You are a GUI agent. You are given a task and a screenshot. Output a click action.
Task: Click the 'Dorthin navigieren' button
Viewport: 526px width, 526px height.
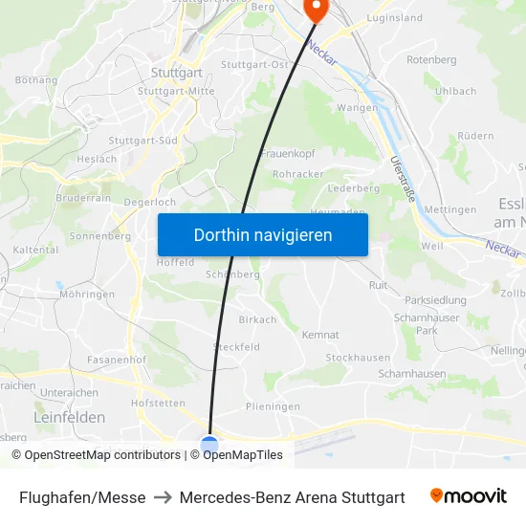click(x=262, y=234)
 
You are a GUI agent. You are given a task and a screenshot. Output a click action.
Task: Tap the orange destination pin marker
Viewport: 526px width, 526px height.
click(x=314, y=9)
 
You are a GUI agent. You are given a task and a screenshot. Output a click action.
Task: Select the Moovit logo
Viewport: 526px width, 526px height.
click(x=468, y=496)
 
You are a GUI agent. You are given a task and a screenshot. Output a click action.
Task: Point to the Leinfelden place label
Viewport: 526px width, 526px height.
click(x=69, y=417)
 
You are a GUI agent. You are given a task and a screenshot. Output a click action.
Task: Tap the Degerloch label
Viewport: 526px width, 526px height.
click(x=149, y=203)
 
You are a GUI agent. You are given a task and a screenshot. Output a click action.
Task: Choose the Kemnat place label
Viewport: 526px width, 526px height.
click(x=320, y=335)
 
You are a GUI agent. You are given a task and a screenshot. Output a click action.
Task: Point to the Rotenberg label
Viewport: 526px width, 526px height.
click(x=431, y=59)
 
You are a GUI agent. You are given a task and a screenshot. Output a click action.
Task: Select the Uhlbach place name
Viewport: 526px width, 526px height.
click(x=454, y=91)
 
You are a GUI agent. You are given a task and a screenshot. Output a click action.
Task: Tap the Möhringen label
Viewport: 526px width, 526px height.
click(x=87, y=295)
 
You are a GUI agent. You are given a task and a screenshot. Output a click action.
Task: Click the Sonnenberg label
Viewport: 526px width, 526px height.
click(x=99, y=235)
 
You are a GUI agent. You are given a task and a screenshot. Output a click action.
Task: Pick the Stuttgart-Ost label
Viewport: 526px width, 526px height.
click(x=253, y=64)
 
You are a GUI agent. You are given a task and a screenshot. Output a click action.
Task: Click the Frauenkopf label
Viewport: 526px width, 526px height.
click(x=288, y=153)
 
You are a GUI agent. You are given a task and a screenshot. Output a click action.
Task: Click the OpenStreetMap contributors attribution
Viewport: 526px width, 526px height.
click(x=96, y=455)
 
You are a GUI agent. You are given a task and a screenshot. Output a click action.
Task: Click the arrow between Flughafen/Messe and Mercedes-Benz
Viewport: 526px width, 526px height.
click(x=163, y=497)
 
